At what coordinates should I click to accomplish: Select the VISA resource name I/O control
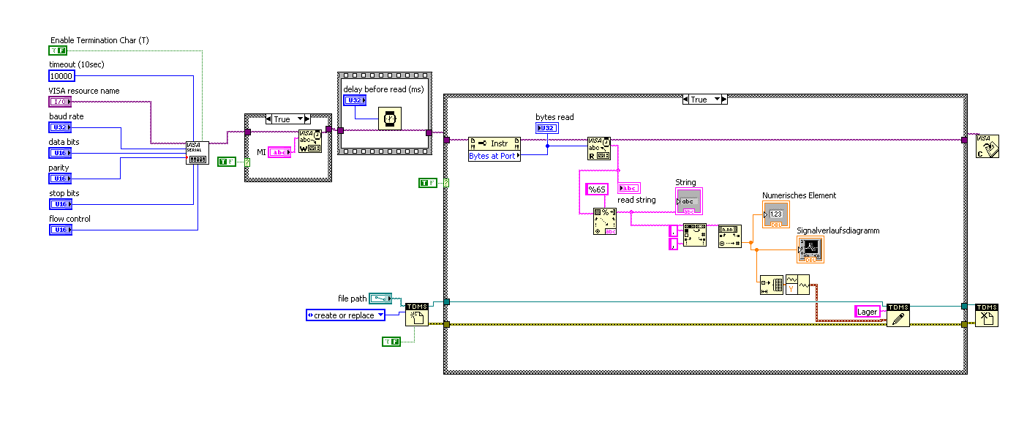pyautogui.click(x=59, y=102)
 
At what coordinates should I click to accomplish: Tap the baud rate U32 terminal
pyautogui.click(x=59, y=127)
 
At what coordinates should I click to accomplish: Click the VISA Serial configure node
pyautogui.click(x=197, y=153)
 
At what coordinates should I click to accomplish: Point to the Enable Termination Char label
pyautogui.click(x=99, y=40)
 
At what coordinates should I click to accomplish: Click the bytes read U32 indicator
pyautogui.click(x=546, y=128)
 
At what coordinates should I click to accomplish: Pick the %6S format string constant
pyautogui.click(x=598, y=190)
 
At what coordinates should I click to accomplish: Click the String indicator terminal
pyautogui.click(x=688, y=200)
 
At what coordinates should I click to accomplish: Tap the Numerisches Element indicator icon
pyautogui.click(x=776, y=214)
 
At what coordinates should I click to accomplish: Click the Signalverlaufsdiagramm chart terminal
pyautogui.click(x=810, y=249)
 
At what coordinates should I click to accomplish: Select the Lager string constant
pyautogui.click(x=868, y=312)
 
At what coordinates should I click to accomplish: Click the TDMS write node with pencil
pyautogui.click(x=898, y=315)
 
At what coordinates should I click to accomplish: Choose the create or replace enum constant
pyautogui.click(x=345, y=315)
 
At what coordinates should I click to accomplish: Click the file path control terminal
pyautogui.click(x=380, y=299)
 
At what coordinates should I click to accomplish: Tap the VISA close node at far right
pyautogui.click(x=987, y=146)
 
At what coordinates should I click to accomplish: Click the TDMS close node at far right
pyautogui.click(x=986, y=315)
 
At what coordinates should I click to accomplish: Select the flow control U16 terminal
pyautogui.click(x=59, y=230)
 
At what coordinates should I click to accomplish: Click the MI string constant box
pyautogui.click(x=279, y=152)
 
